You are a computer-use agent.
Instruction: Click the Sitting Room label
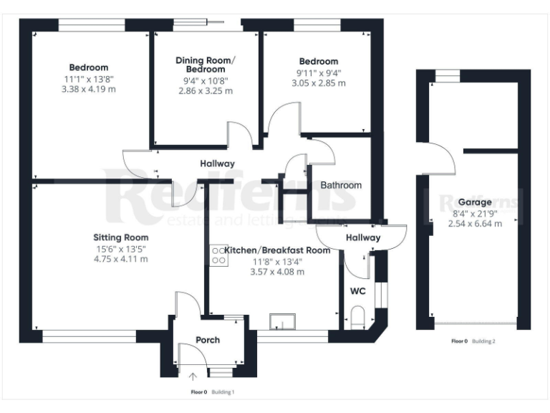[120, 237]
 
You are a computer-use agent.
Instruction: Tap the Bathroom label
[341, 185]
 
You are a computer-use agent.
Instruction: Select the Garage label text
[475, 202]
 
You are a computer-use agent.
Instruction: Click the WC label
[357, 292]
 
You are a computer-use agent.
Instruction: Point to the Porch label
[208, 340]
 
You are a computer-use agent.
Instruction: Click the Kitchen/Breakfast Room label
[277, 250]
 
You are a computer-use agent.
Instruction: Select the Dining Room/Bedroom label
[206, 65]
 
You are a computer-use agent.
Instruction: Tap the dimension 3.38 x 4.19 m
[89, 90]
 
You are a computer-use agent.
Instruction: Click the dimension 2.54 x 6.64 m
[475, 224]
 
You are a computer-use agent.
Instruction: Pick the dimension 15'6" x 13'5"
[120, 249]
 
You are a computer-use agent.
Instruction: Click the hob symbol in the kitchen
[217, 255]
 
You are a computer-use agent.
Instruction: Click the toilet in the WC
[359, 317]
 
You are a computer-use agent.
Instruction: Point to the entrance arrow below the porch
[193, 376]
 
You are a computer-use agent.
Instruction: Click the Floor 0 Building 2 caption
[473, 341]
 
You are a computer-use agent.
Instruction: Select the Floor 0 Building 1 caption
[213, 392]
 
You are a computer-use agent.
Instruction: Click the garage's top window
[449, 75]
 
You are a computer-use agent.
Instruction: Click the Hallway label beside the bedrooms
[217, 163]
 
